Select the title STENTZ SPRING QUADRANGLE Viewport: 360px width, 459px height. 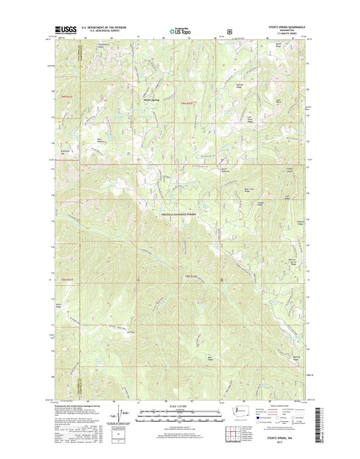point(286,27)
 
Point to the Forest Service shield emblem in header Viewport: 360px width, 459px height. point(230,30)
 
